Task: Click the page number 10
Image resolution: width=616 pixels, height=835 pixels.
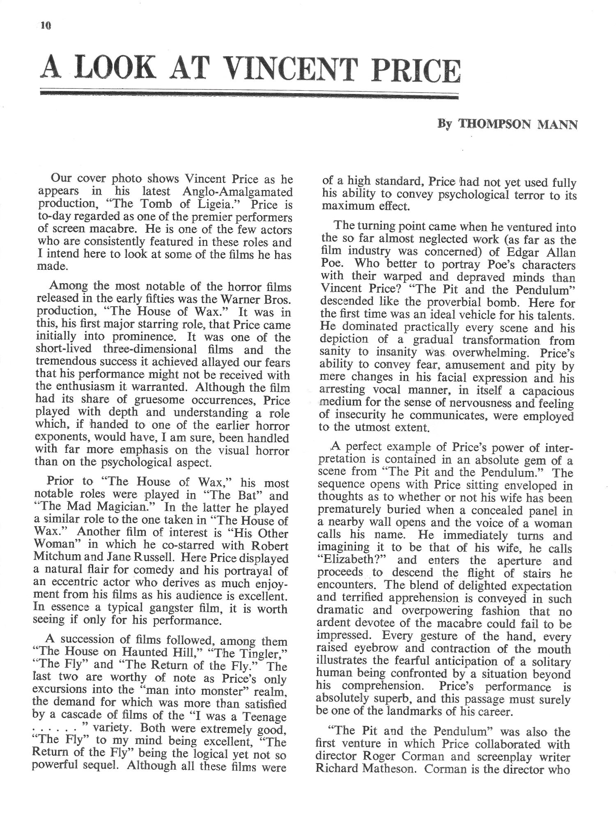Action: tap(45, 26)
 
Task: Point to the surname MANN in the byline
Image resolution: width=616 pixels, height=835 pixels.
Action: tap(558, 124)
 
